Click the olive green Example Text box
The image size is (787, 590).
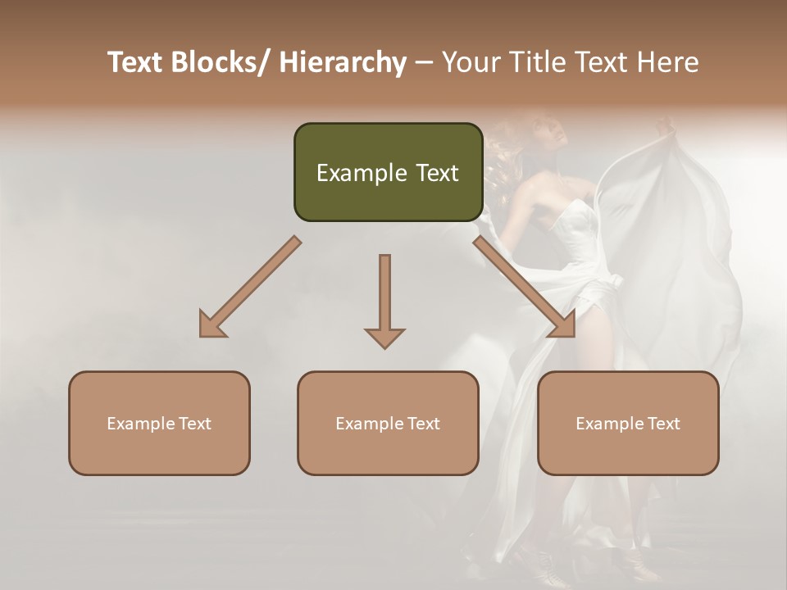(388, 172)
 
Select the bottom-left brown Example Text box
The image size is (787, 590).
(159, 424)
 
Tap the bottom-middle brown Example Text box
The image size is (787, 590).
(388, 424)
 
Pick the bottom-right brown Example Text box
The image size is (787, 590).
(628, 424)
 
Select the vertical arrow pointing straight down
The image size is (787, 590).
(384, 299)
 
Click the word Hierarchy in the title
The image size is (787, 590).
(343, 62)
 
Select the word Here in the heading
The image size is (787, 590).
(667, 62)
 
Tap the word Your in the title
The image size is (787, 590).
(468, 62)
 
